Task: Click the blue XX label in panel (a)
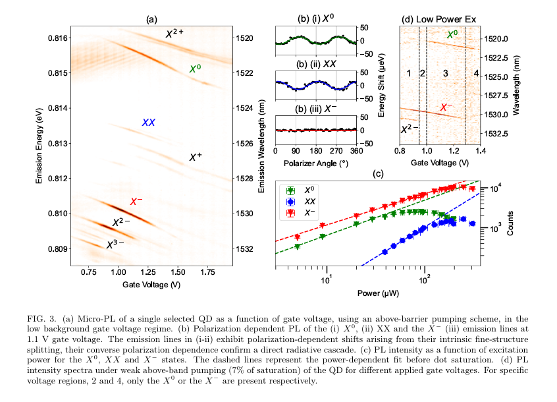click(x=149, y=123)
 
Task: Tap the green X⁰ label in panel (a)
click(x=195, y=69)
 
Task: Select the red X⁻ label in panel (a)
click(x=136, y=202)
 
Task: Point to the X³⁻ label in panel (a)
click(x=115, y=244)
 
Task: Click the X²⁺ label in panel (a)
click(x=174, y=34)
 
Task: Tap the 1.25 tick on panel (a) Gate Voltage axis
click(x=148, y=272)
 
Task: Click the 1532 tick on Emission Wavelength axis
click(x=245, y=249)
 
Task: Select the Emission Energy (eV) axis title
click(x=39, y=146)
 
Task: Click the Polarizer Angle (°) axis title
click(x=316, y=163)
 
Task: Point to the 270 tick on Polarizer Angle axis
click(x=336, y=151)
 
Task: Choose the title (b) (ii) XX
click(x=316, y=65)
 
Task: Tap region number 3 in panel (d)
click(x=446, y=74)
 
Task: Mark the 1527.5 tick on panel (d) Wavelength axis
click(x=496, y=96)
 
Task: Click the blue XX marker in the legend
click(x=290, y=202)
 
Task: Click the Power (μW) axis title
click(x=378, y=293)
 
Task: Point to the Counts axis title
click(x=510, y=223)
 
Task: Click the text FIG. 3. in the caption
click(x=41, y=318)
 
